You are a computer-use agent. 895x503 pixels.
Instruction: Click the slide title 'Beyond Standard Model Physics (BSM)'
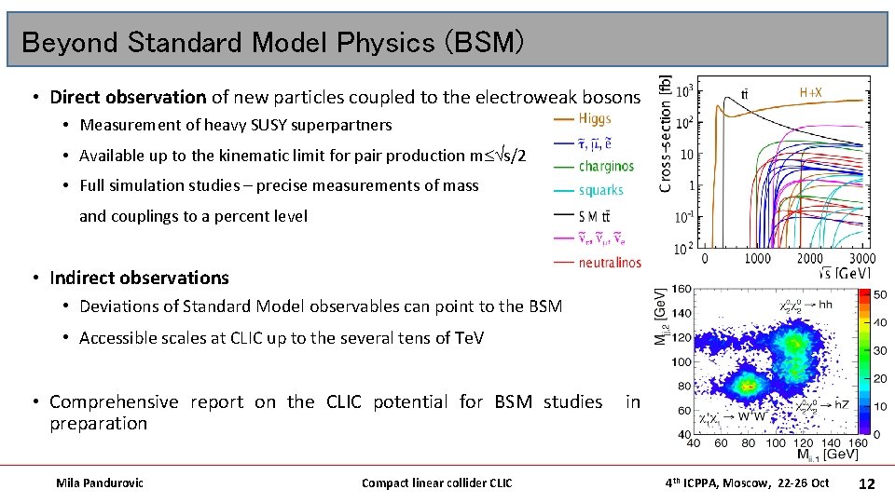pyautogui.click(x=272, y=42)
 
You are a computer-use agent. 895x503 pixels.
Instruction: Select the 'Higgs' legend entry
pyautogui.click(x=595, y=118)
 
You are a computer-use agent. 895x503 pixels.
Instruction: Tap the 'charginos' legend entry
pyautogui.click(x=605, y=167)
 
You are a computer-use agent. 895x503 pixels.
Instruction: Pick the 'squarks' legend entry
pyautogui.click(x=600, y=190)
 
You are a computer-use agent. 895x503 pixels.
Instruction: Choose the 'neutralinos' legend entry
pyautogui.click(x=610, y=263)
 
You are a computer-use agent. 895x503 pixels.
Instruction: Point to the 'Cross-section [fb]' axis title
pyautogui.click(x=665, y=135)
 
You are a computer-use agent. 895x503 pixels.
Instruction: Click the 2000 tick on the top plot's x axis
pyautogui.click(x=810, y=259)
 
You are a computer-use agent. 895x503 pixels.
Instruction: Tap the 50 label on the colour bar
pyautogui.click(x=880, y=294)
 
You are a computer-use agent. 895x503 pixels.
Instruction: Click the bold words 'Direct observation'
pyautogui.click(x=128, y=97)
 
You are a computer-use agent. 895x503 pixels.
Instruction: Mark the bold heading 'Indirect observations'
pyautogui.click(x=139, y=278)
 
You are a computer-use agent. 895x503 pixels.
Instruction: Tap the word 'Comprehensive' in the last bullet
pyautogui.click(x=114, y=401)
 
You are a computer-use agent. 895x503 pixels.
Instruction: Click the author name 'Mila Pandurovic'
pyautogui.click(x=100, y=483)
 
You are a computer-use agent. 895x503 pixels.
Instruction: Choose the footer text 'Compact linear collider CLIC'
pyautogui.click(x=436, y=483)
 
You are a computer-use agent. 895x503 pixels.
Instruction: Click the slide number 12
pyautogui.click(x=866, y=483)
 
